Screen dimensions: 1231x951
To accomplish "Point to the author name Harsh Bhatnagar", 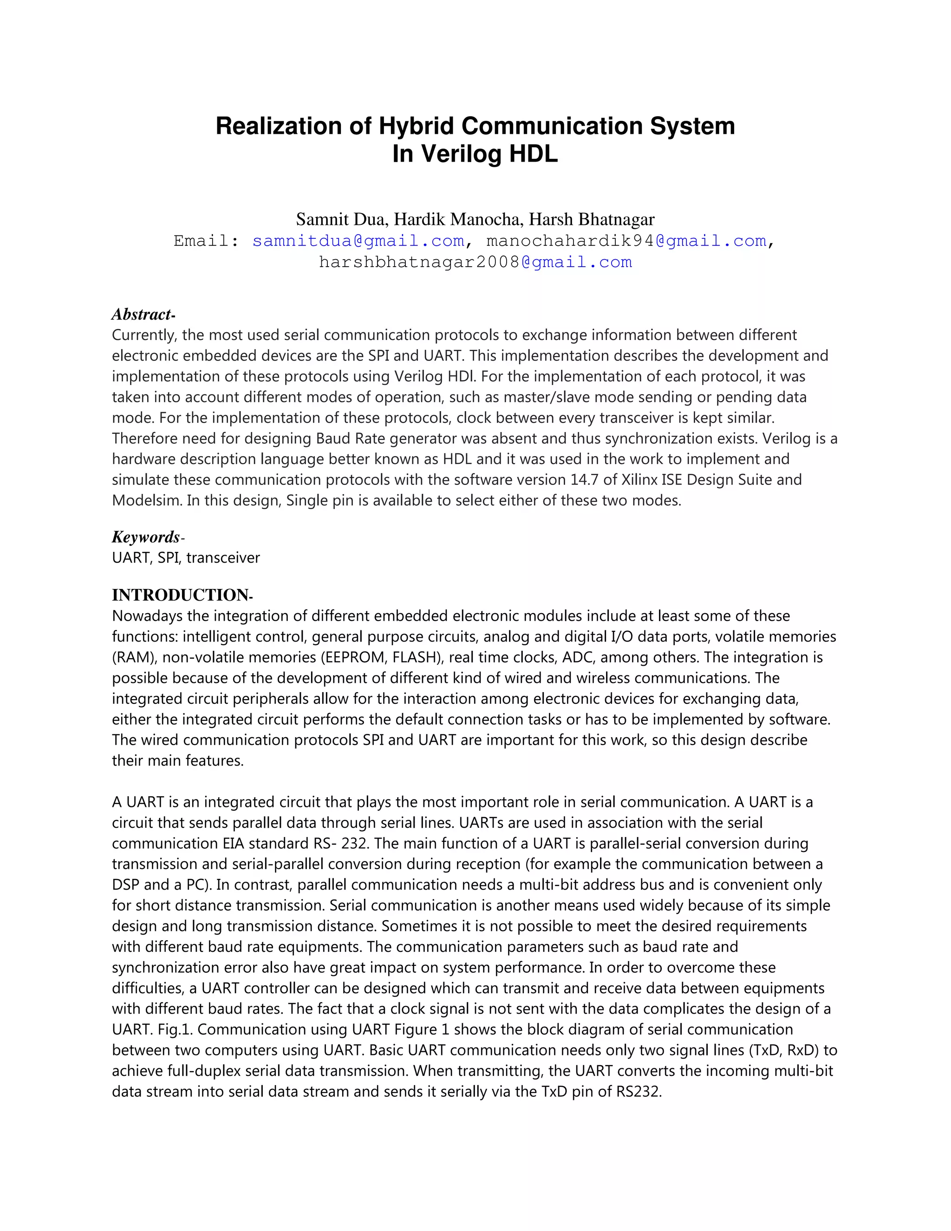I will tap(592, 219).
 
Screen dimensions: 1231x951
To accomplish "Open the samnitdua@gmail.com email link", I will tap(358, 241).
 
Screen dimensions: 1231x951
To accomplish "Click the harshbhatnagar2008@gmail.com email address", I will tap(475, 262).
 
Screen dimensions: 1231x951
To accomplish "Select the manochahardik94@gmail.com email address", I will tap(626, 241).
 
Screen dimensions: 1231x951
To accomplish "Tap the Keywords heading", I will tap(146, 537).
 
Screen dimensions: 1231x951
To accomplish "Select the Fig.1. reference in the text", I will tap(175, 1029).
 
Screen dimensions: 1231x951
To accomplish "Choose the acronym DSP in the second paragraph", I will tap(125, 885).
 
